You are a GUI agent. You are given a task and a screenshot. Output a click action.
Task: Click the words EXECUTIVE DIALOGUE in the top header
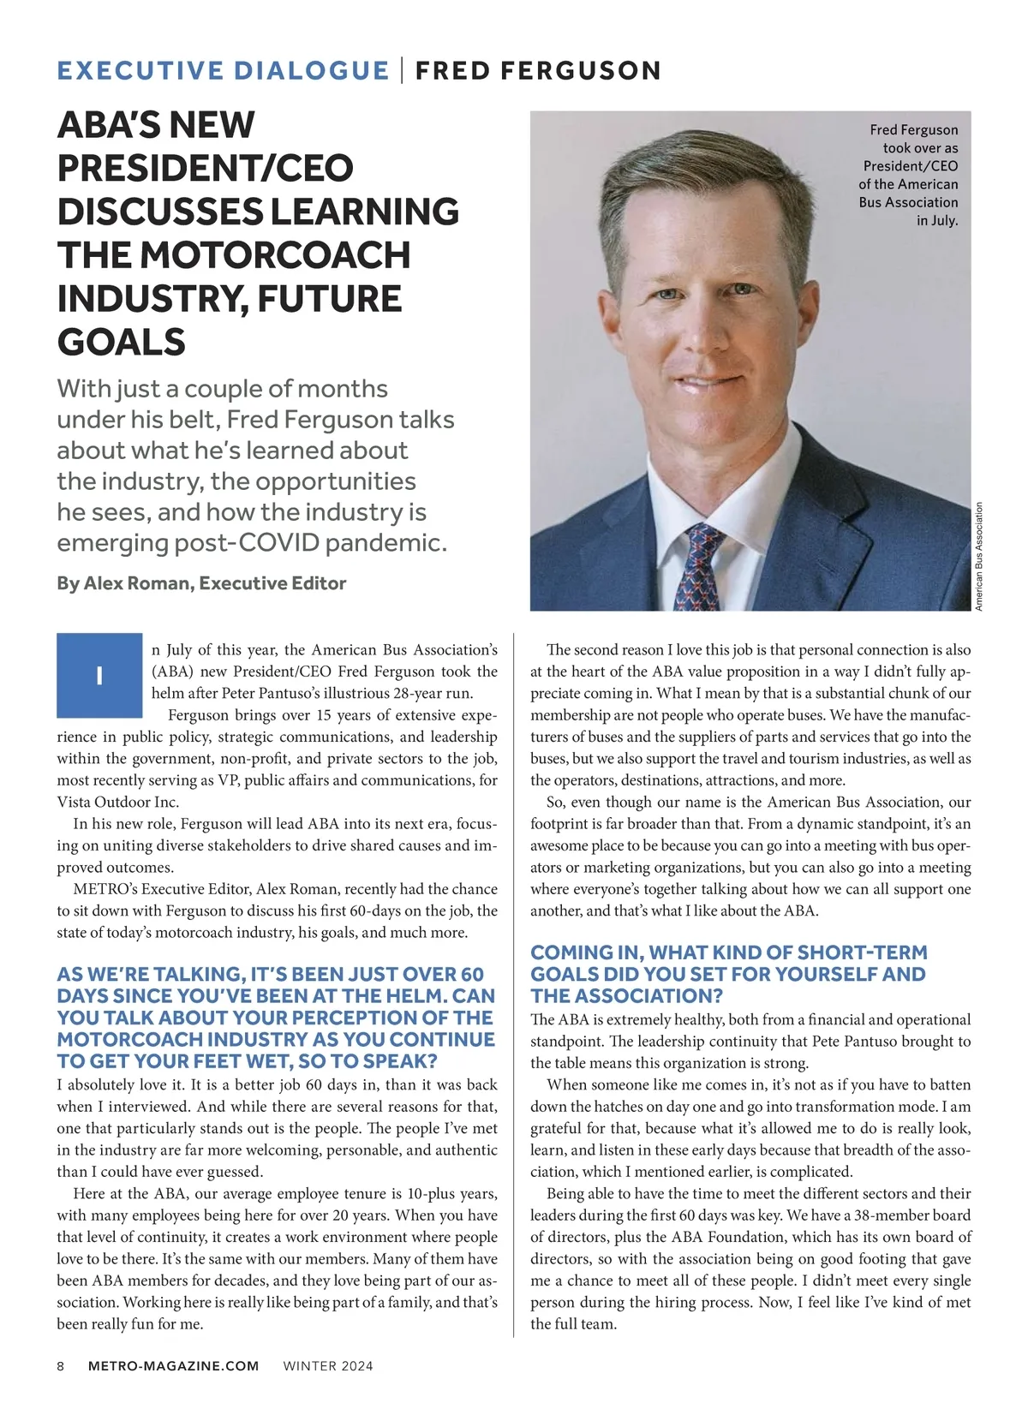click(x=223, y=70)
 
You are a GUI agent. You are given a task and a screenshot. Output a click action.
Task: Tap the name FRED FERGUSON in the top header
click(x=538, y=70)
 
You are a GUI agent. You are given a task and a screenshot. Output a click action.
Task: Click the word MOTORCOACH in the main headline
click(x=275, y=255)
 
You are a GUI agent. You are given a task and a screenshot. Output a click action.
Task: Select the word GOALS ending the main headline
click(x=122, y=343)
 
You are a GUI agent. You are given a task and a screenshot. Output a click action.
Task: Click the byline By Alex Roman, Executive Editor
click(x=201, y=583)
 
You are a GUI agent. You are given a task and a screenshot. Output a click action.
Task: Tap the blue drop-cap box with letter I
click(x=99, y=676)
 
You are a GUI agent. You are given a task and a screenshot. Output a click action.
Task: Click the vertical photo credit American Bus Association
click(x=979, y=556)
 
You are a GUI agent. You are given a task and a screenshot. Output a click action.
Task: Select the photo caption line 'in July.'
click(x=937, y=221)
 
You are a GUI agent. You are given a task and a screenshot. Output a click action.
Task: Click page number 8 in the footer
click(x=61, y=1366)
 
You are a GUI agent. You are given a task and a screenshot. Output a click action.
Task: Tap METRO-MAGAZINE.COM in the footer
click(x=173, y=1366)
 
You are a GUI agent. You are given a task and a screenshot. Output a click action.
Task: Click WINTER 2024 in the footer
click(x=328, y=1366)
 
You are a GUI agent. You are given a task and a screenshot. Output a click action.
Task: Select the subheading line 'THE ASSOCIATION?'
click(x=626, y=996)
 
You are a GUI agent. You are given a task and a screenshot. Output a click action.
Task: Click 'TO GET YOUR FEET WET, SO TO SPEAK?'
click(x=248, y=1061)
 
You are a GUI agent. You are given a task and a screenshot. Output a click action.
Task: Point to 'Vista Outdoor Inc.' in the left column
click(x=118, y=803)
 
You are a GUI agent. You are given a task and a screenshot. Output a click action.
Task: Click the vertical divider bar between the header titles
click(x=403, y=69)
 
